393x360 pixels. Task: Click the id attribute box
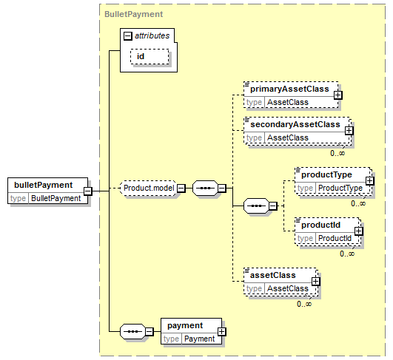tap(150, 56)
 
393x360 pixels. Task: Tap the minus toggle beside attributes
tap(127, 36)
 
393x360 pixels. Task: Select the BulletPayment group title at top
tap(133, 14)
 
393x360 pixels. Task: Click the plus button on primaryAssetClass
tap(337, 95)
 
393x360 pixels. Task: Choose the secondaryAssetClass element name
tap(295, 124)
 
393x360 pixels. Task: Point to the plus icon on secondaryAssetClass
tap(349, 130)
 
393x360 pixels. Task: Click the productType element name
tap(326, 174)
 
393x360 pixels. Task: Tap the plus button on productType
tap(370, 181)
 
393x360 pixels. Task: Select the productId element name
tap(320, 225)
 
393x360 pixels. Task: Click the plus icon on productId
tap(358, 231)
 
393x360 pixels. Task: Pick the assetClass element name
tap(273, 276)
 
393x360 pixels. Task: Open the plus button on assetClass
tap(315, 282)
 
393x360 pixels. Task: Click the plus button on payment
tap(221, 331)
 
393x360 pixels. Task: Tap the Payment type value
tap(200, 339)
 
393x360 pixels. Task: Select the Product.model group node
tap(149, 188)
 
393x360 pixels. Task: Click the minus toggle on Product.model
tap(181, 188)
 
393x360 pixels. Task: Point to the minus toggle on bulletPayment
tap(88, 191)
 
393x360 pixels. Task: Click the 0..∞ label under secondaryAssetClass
tap(337, 153)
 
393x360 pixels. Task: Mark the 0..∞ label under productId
tap(347, 254)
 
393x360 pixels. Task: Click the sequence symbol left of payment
tap(132, 331)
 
